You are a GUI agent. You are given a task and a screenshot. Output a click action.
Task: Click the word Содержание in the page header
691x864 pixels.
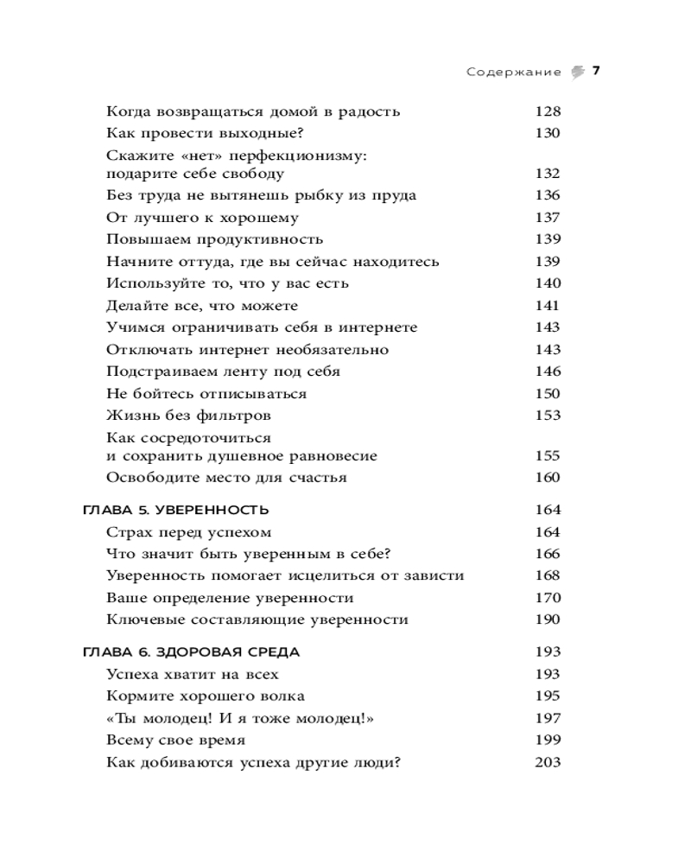point(514,73)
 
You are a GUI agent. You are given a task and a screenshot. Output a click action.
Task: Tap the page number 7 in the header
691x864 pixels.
point(596,72)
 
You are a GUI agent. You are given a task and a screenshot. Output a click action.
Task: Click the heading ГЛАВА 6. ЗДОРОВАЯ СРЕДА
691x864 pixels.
point(191,652)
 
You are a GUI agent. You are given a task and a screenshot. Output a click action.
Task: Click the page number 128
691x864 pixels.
point(548,111)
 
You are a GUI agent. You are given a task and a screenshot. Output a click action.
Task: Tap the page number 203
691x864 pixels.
point(548,762)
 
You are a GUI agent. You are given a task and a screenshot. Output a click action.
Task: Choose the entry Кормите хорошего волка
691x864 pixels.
point(206,696)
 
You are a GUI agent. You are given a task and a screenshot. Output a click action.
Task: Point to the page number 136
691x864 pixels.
point(548,195)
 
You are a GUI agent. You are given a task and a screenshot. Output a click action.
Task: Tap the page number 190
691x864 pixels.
point(548,619)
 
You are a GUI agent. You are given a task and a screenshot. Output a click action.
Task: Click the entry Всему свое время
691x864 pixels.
point(175,740)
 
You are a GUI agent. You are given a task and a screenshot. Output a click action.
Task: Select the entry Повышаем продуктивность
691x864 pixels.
point(214,239)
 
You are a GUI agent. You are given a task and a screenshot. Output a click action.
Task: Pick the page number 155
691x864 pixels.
point(548,455)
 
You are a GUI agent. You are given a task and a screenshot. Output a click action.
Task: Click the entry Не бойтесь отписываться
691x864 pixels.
point(206,394)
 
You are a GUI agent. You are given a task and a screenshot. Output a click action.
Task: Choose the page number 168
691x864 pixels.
point(548,575)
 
